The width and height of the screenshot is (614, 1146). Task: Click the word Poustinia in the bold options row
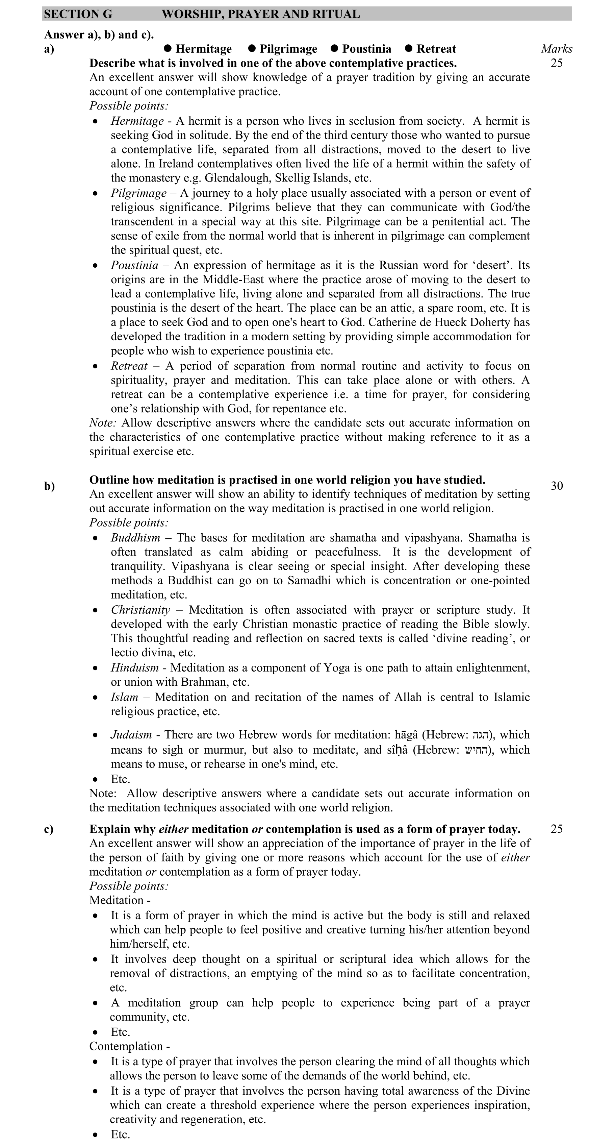coord(366,49)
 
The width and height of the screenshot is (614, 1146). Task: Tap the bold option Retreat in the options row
coord(436,49)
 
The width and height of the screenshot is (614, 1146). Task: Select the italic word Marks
coord(556,49)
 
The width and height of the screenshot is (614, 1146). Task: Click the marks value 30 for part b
coord(557,486)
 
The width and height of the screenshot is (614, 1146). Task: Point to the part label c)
coord(49,829)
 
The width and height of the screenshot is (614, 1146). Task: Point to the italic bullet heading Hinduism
coord(134,667)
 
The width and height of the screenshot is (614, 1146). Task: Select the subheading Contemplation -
coord(129,1046)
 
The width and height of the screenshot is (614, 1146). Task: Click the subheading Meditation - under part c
coord(120,900)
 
